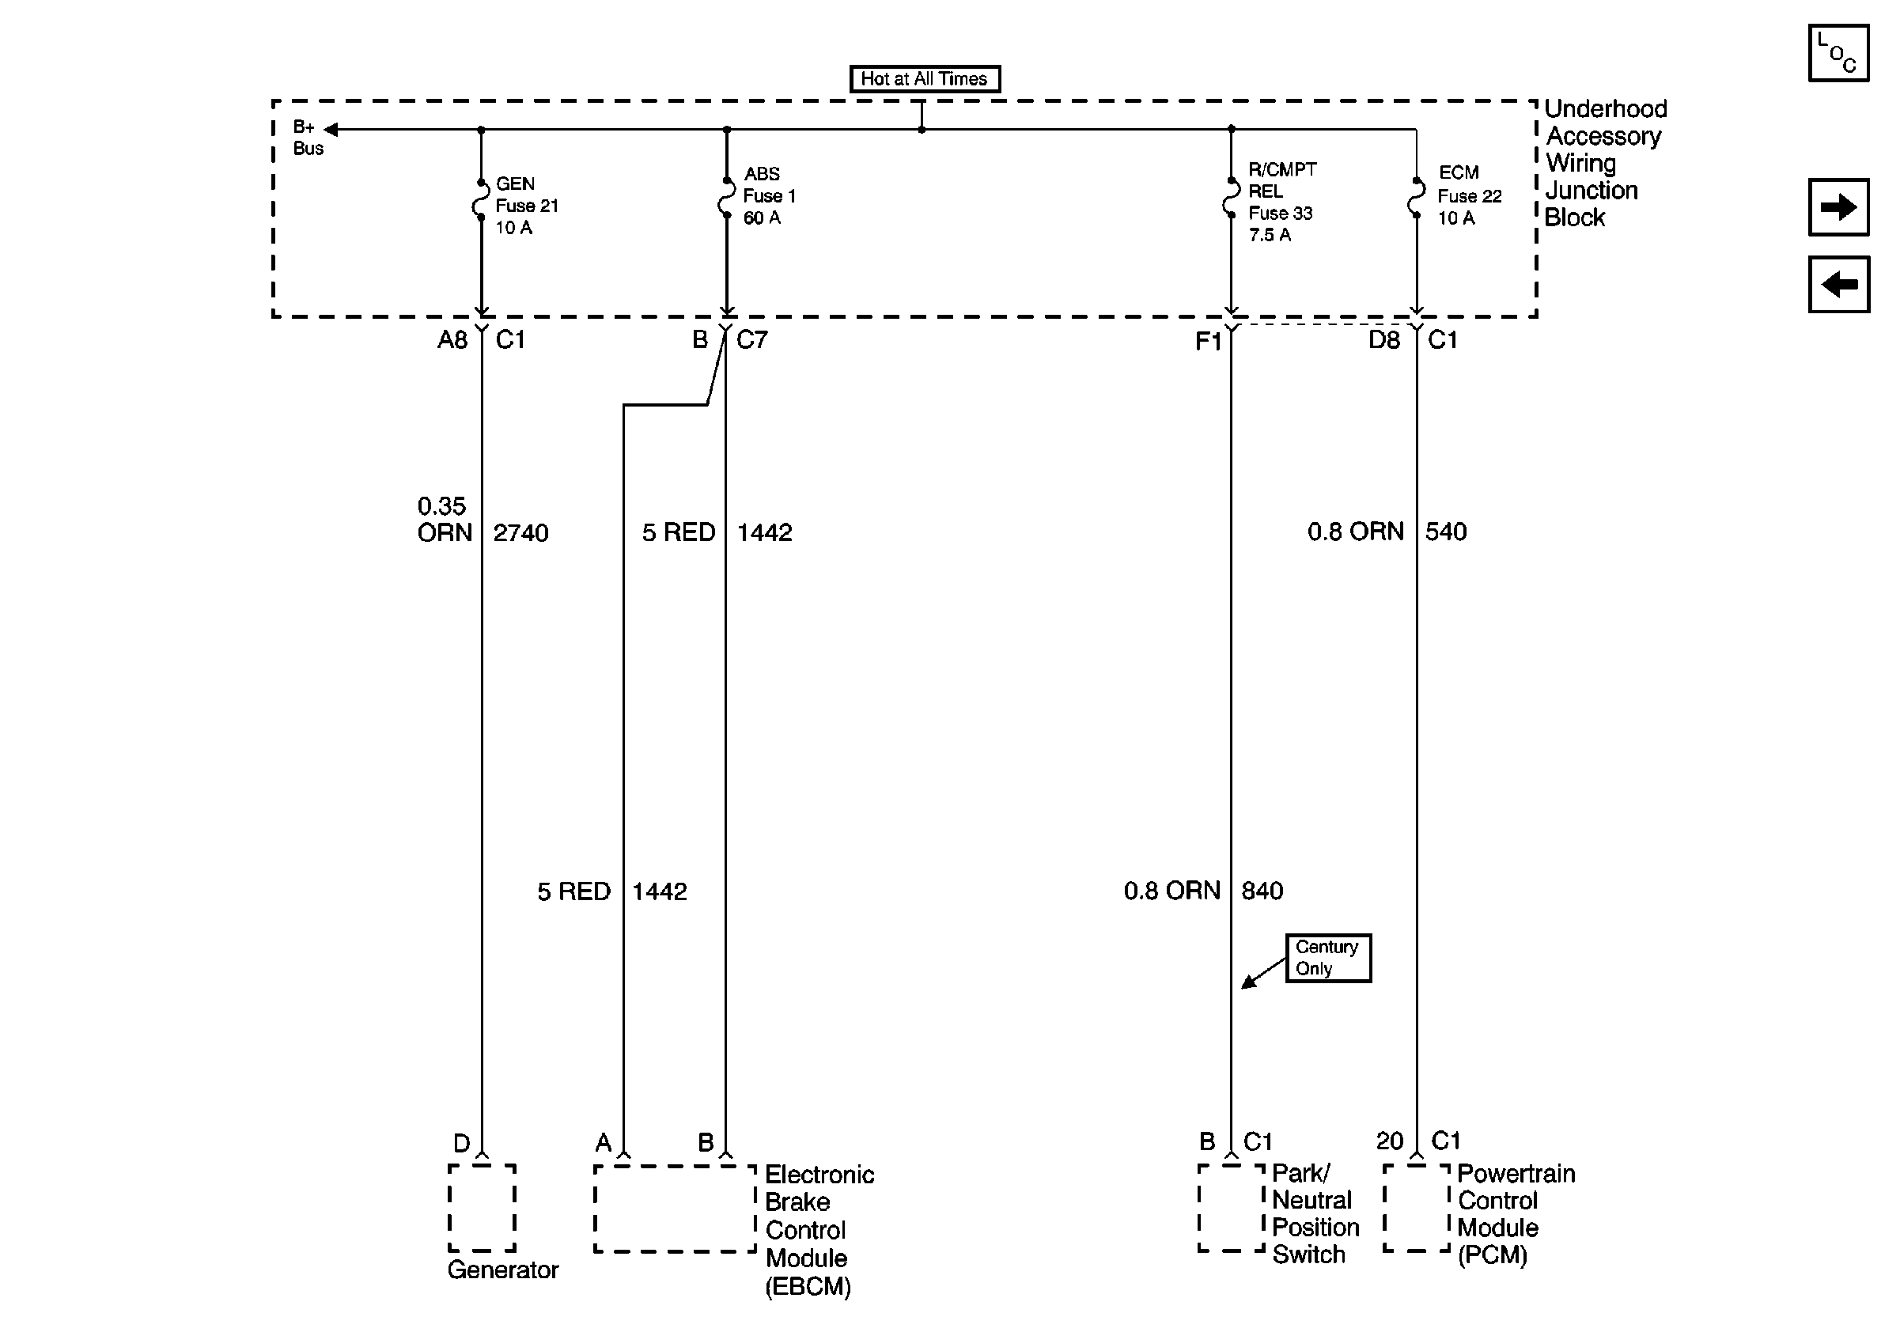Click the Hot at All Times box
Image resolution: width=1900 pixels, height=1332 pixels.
coord(925,78)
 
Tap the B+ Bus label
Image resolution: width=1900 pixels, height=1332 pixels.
coord(307,138)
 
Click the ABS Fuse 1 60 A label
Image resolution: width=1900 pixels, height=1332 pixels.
coord(768,196)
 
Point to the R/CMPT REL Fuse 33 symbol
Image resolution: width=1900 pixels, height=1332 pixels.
coord(1231,197)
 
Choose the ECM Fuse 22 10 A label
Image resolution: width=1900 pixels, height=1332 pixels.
coord(1468,196)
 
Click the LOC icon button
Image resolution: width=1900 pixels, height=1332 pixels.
coord(1838,54)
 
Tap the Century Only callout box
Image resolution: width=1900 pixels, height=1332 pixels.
coord(1327,958)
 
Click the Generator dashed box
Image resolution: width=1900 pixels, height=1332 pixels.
coord(482,1208)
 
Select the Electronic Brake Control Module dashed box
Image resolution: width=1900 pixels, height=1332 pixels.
coord(675,1209)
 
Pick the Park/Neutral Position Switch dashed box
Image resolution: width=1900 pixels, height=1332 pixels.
coord(1231,1208)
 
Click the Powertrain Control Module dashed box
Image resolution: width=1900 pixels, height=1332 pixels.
coord(1416,1208)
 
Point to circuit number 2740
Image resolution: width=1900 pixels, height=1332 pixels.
coord(520,533)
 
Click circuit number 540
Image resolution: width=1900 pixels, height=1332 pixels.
coord(1446,532)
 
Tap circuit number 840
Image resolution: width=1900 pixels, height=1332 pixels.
coord(1262,891)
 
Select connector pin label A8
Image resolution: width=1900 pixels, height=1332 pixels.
coord(452,340)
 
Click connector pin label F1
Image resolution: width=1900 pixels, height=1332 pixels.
coord(1207,342)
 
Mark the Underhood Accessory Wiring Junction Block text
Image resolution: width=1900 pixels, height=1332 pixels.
coord(1603,163)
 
